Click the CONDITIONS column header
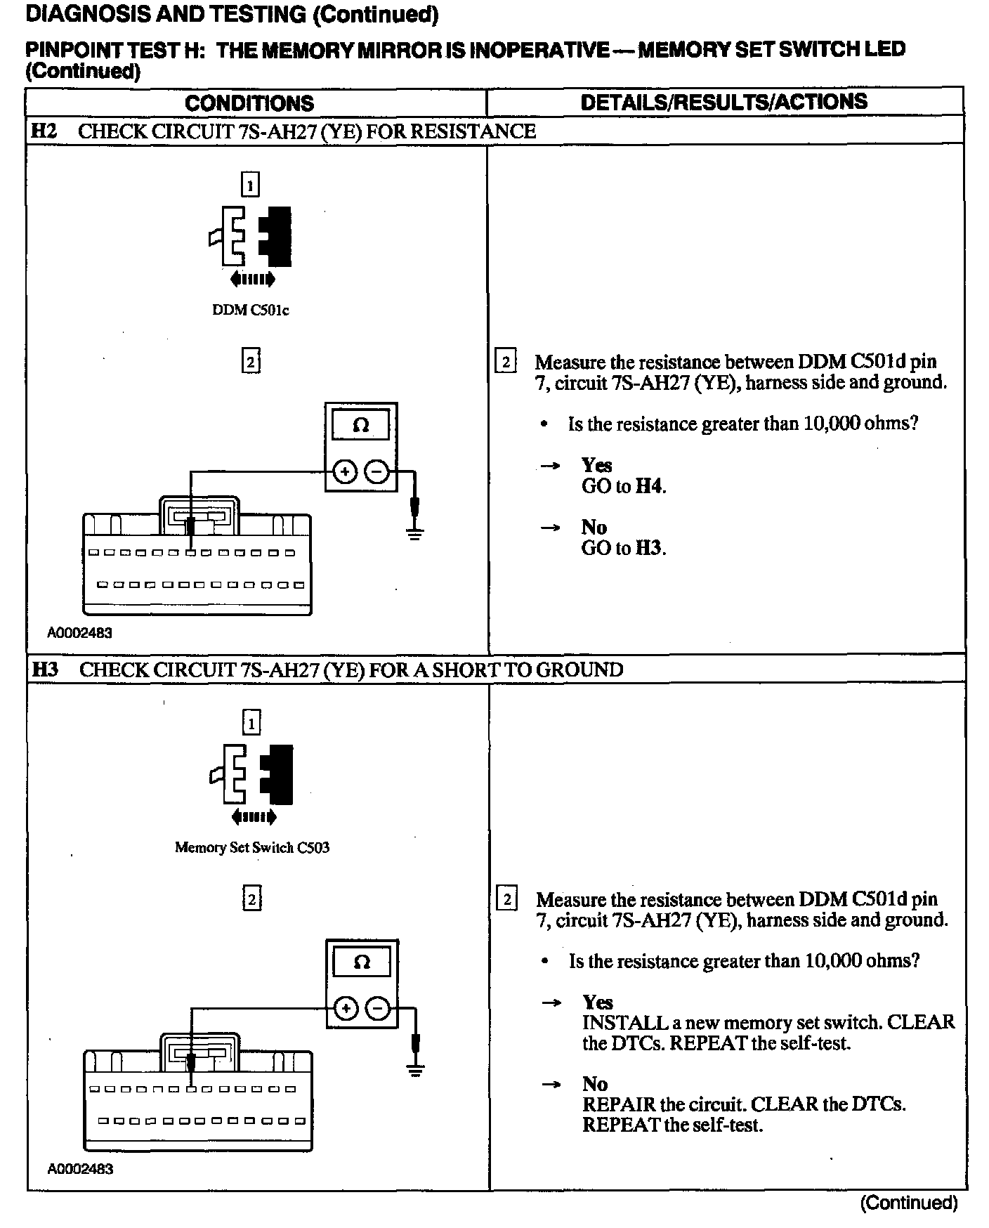(249, 103)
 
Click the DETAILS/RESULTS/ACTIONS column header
(723, 102)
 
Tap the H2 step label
(44, 131)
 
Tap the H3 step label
(45, 669)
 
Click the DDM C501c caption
(251, 310)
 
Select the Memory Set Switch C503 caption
(251, 847)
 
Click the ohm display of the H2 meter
(361, 426)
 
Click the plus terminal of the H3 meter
(345, 1010)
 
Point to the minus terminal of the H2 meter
(378, 472)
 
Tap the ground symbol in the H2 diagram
(416, 534)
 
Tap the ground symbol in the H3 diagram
(416, 1071)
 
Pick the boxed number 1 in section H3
(251, 722)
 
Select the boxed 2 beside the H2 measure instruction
(506, 362)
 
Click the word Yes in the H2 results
(596, 465)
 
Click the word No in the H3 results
(594, 1084)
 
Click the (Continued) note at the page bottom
(909, 1203)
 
